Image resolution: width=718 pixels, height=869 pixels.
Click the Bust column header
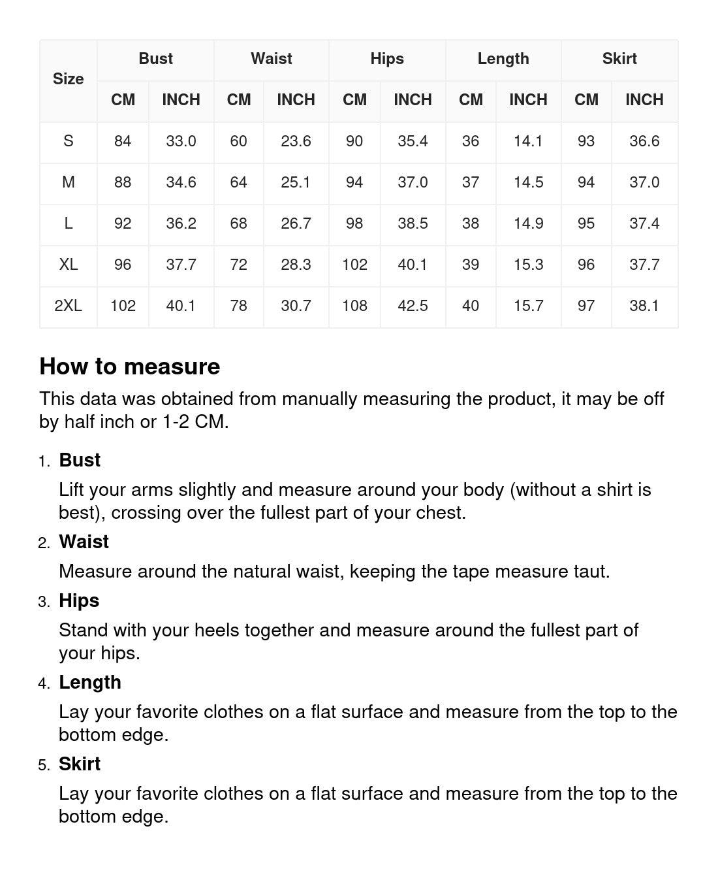click(155, 59)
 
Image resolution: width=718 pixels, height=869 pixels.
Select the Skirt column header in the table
click(619, 59)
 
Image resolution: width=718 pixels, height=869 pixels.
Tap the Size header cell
click(68, 79)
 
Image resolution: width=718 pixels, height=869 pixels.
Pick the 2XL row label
click(68, 306)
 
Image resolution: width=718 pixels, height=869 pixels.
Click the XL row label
click(68, 265)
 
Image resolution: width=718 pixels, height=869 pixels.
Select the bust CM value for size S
click(123, 141)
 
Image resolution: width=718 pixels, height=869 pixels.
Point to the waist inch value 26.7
click(296, 223)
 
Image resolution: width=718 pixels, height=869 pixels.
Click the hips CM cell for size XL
click(354, 265)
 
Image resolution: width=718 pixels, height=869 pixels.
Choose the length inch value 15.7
click(528, 306)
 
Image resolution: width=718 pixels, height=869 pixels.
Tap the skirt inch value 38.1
click(644, 306)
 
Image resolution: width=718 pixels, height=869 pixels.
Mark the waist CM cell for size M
click(238, 182)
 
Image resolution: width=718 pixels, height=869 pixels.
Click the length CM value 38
click(470, 223)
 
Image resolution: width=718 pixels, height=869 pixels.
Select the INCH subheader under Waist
click(296, 100)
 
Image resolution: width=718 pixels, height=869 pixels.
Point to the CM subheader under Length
click(470, 100)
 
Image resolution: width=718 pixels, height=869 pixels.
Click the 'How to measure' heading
click(129, 367)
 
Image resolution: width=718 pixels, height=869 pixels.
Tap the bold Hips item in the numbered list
click(79, 600)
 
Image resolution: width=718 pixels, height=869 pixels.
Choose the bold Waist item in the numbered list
click(84, 542)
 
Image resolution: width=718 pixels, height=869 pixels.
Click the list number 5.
click(43, 765)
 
